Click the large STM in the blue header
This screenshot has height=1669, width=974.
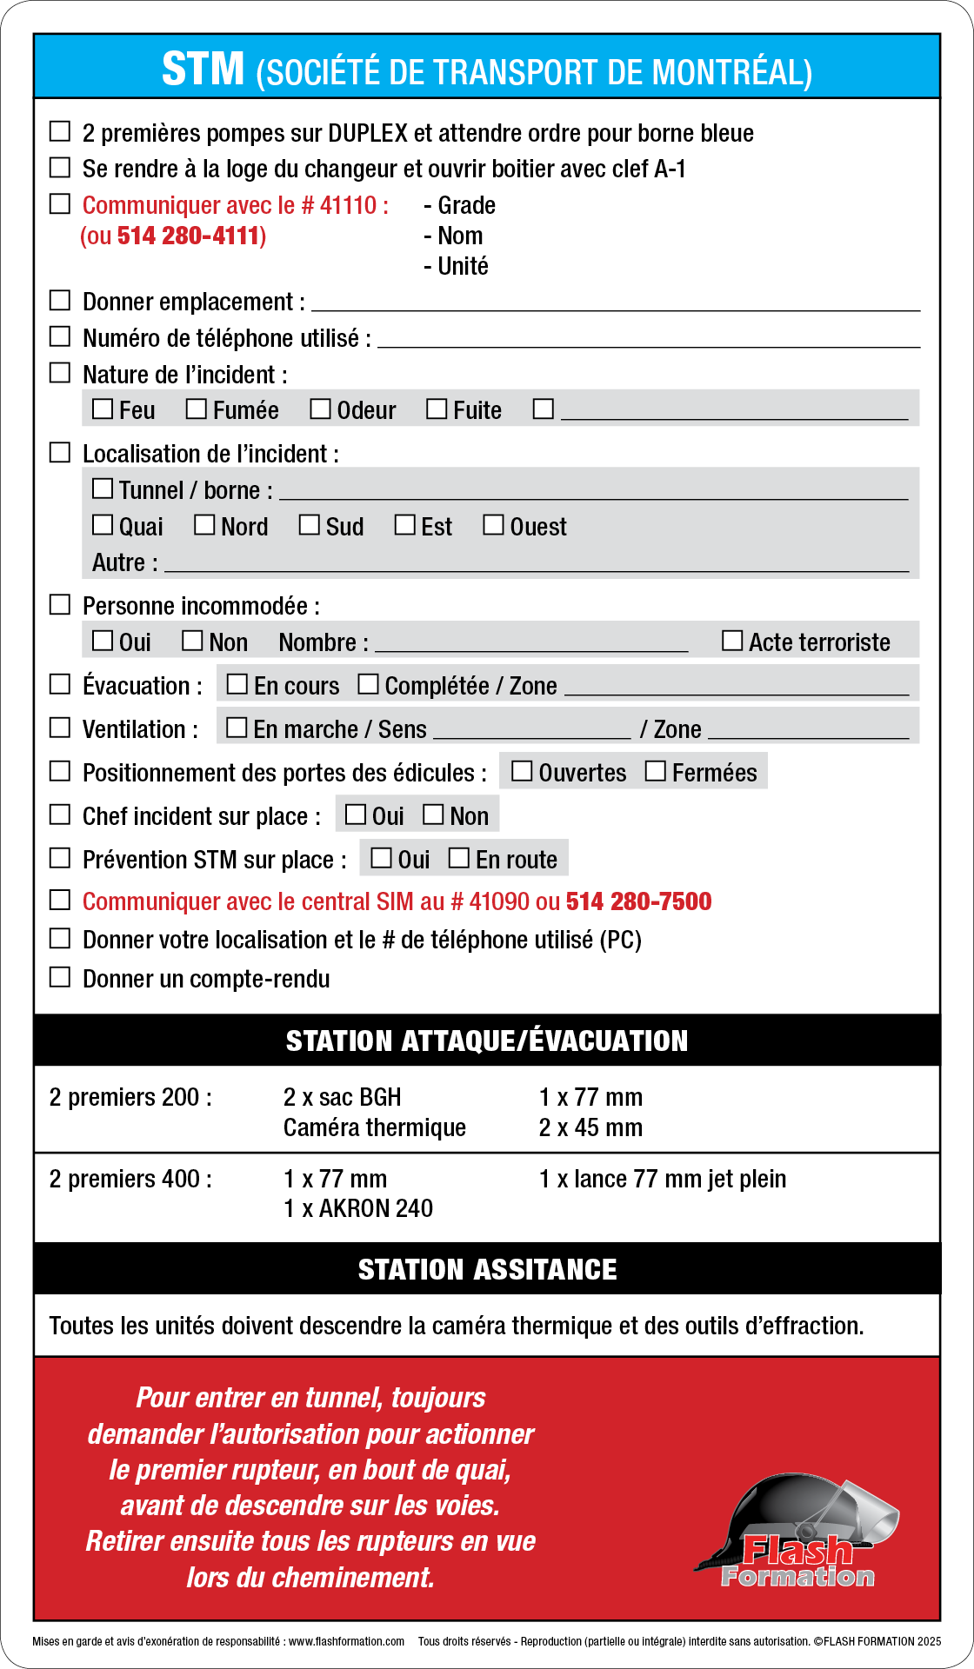(x=203, y=70)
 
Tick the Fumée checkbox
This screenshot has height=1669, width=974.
(x=197, y=409)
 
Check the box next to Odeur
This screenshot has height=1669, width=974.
(x=321, y=409)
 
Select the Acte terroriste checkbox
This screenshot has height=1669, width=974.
(x=733, y=641)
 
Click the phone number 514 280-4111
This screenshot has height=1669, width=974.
(x=190, y=236)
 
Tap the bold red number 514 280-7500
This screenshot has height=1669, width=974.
(x=638, y=901)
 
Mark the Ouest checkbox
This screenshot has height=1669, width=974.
(x=493, y=525)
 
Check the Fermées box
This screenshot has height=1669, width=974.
(x=656, y=771)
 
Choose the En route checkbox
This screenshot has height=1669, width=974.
(x=459, y=858)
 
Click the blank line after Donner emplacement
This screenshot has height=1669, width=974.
(x=615, y=304)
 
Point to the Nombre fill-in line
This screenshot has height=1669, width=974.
(x=530, y=645)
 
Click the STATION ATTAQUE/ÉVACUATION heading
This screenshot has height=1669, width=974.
(x=487, y=1041)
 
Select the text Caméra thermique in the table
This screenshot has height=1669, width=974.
(x=374, y=1128)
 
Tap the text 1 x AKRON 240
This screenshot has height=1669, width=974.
(x=357, y=1209)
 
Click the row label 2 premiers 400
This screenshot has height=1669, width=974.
(x=130, y=1180)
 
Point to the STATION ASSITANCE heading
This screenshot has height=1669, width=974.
(x=487, y=1269)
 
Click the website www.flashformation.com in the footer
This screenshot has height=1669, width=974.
(x=346, y=1642)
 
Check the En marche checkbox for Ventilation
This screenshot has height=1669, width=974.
(x=237, y=728)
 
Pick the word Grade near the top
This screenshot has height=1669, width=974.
(x=466, y=206)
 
